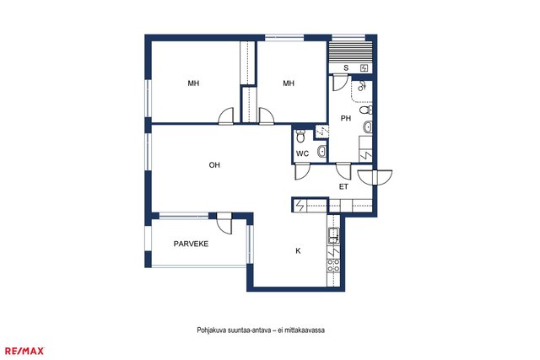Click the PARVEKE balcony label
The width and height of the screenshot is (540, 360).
click(191, 244)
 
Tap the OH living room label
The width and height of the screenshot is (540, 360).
click(214, 165)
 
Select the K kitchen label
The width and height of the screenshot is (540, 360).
click(298, 251)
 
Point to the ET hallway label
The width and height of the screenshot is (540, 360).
click(343, 187)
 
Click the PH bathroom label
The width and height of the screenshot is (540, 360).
click(346, 118)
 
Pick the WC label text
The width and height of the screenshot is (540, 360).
click(302, 153)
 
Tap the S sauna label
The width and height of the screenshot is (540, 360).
click(346, 68)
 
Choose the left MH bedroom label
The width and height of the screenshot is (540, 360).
click(193, 83)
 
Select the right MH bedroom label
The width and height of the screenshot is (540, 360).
click(289, 83)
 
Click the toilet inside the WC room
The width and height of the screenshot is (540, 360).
click(300, 136)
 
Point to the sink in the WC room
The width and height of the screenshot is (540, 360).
click(321, 151)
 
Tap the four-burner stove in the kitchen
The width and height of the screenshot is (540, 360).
click(333, 266)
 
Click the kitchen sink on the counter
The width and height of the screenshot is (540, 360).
click(333, 236)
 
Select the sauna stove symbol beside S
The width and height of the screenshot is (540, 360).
click(364, 68)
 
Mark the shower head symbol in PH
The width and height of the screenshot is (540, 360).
click(361, 86)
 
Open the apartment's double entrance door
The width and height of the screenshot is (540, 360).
click(375, 178)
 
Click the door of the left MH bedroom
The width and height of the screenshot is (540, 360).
click(226, 116)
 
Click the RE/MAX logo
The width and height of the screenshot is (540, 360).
click(24, 351)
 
